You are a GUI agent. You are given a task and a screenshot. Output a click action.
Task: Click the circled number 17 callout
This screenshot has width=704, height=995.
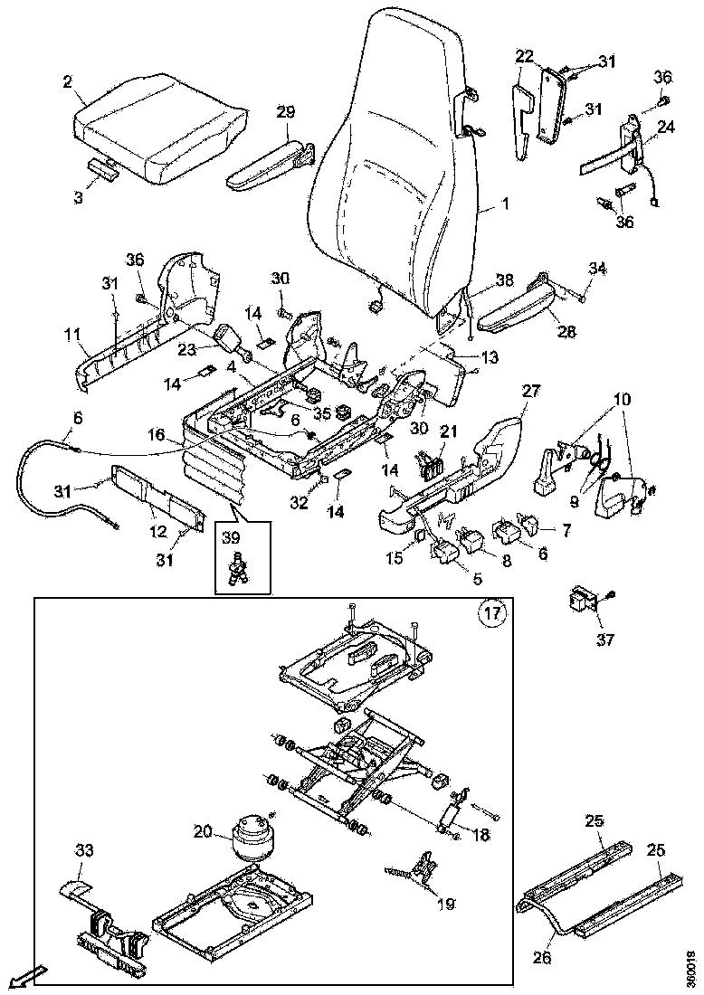point(490,614)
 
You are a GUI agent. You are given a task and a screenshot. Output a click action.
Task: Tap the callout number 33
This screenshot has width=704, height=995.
point(83,851)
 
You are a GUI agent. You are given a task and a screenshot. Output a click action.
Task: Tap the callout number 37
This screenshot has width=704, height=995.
point(604,640)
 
